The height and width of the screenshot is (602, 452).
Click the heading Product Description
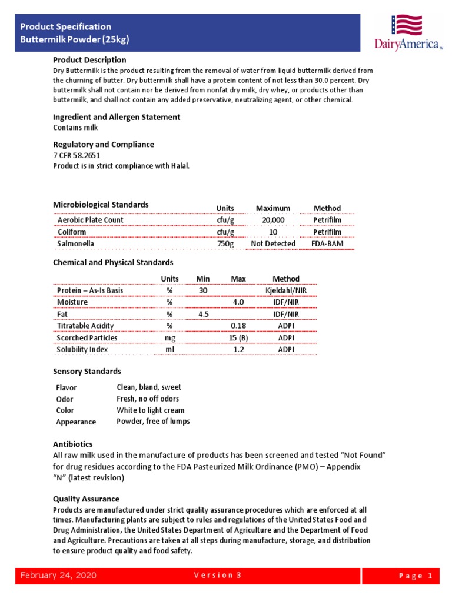[89, 60]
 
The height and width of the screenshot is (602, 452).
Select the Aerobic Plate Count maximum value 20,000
[272, 220]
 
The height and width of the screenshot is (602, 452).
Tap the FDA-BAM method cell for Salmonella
[327, 243]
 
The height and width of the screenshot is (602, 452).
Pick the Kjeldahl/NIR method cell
[286, 290]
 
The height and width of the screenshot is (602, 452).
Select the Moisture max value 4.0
[238, 302]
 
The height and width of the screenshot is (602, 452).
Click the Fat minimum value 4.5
[204, 314]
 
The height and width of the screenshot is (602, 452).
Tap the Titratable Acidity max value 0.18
[238, 326]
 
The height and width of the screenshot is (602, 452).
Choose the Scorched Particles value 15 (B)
[238, 337]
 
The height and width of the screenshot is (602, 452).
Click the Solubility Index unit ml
[169, 349]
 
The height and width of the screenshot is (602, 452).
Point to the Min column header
[203, 279]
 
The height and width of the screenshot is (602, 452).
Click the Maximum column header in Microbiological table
[272, 208]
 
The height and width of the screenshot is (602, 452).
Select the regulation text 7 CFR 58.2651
[77, 156]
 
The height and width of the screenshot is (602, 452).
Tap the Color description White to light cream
[150, 410]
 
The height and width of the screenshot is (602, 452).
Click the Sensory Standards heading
[87, 372]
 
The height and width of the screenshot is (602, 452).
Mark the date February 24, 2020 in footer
[58, 576]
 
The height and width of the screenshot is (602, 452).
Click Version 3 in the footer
[218, 576]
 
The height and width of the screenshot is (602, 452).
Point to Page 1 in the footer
[416, 576]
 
